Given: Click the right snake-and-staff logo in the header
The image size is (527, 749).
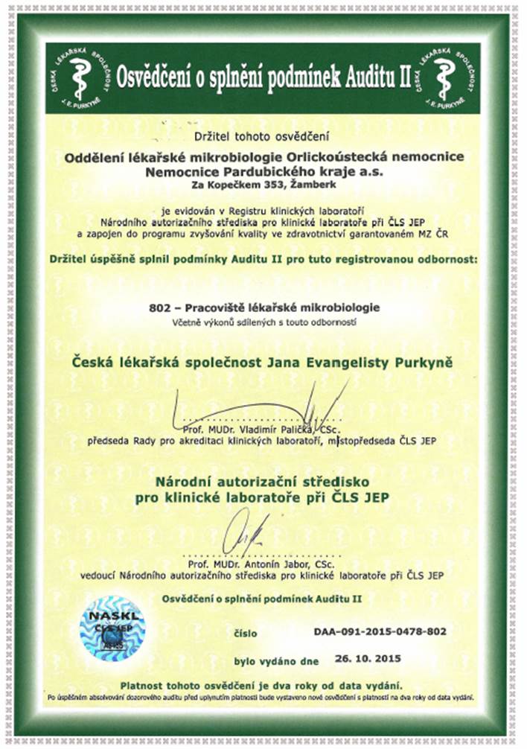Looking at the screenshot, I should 445,77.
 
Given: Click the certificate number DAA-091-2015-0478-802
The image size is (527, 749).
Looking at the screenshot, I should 380,631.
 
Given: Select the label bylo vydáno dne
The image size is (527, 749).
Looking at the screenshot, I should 276,660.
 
